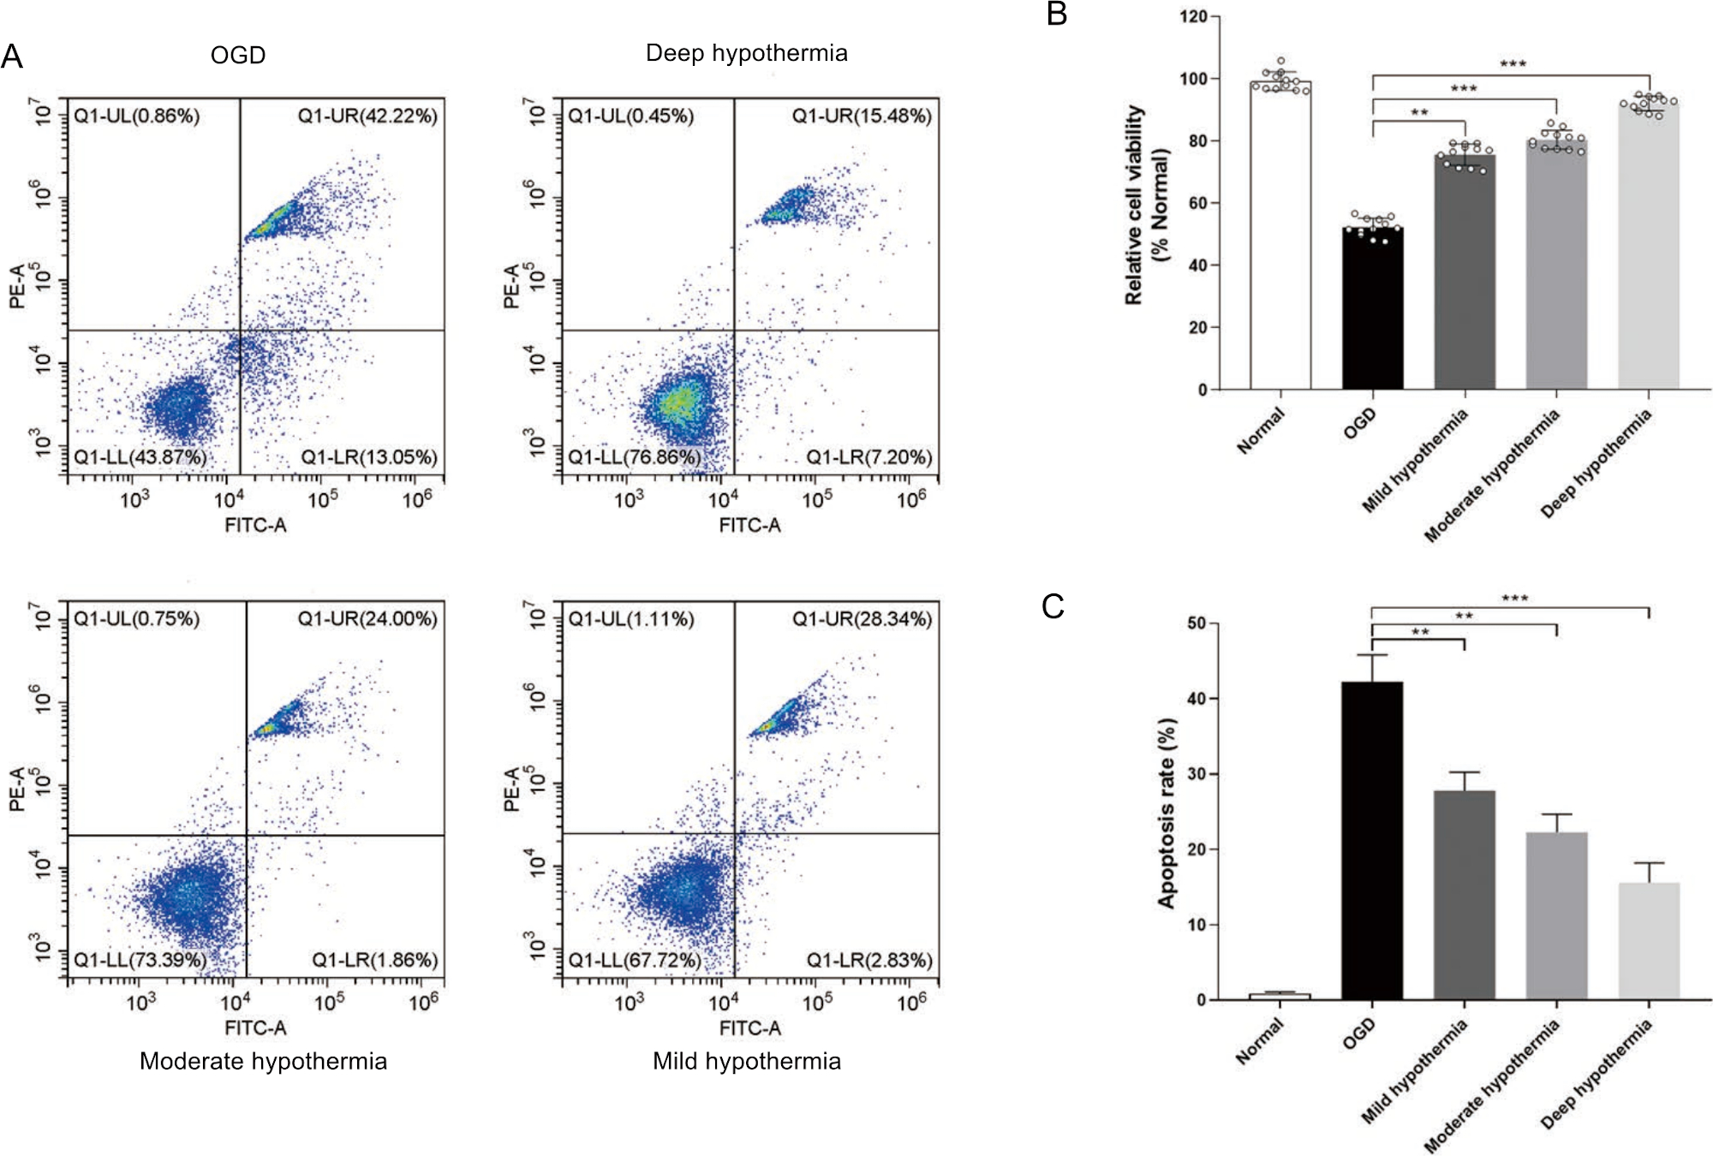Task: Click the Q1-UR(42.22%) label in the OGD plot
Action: point(367,116)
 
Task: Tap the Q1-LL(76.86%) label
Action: point(635,457)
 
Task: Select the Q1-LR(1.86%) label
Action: point(374,960)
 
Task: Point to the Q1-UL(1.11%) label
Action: point(631,619)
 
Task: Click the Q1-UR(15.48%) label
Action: point(862,116)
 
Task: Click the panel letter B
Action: point(1057,15)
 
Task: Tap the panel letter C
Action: point(1053,606)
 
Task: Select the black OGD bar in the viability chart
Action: point(1372,308)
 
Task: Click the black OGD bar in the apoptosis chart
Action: point(1372,839)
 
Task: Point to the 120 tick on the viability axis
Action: point(1192,17)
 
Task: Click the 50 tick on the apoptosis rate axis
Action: point(1197,623)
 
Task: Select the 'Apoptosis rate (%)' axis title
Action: point(1167,812)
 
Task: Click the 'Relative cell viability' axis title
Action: point(1134,206)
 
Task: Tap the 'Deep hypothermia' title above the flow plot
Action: point(746,53)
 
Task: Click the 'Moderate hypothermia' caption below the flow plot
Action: point(263,1062)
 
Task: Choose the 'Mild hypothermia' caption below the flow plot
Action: point(746,1062)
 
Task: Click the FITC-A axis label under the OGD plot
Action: point(255,525)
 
